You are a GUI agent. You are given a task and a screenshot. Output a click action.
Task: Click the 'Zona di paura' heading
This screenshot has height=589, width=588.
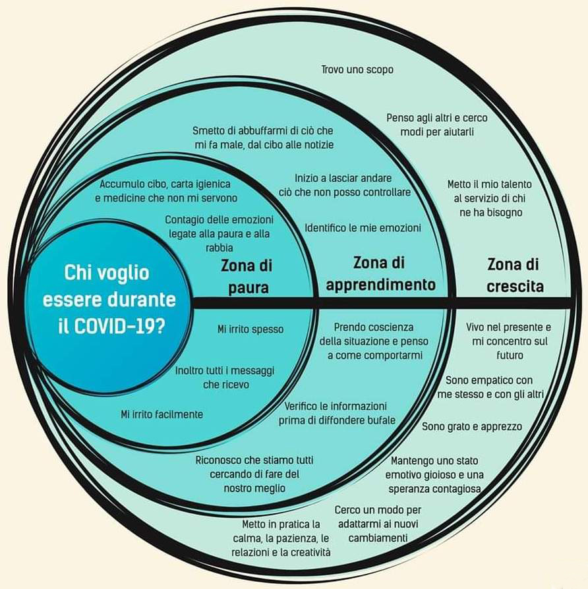coord(247,277)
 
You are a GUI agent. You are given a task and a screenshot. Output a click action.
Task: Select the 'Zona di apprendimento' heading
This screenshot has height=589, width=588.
coord(380,273)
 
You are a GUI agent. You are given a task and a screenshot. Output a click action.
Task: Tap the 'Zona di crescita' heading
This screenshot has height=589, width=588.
coord(515,275)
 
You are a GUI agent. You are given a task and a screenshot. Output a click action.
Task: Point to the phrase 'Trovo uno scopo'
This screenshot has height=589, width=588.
coord(357,69)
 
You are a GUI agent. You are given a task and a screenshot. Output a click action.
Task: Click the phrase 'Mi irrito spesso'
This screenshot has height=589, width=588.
coord(250,329)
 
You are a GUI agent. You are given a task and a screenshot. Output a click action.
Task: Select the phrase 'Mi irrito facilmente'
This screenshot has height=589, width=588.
coord(162,414)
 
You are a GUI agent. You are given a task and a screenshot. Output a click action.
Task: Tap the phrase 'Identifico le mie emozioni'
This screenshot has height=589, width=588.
coord(363,228)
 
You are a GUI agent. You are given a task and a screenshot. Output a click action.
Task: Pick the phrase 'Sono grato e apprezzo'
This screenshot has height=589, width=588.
coord(472,427)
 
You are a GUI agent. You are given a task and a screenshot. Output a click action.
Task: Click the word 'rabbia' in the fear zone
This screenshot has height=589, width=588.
coord(220,248)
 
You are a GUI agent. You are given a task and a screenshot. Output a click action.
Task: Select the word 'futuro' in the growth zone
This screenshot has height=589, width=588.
coord(510,355)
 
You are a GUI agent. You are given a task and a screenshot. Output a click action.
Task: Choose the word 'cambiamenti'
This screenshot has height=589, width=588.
coord(378,538)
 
